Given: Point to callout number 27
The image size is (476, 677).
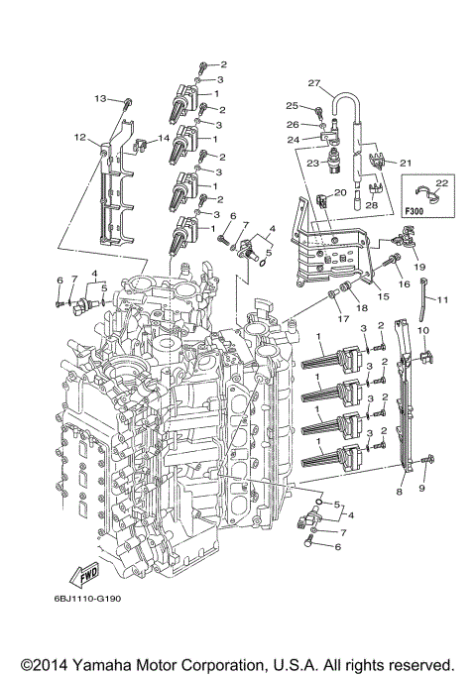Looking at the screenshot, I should point(314,82).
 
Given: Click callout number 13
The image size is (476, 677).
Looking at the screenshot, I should point(100,98).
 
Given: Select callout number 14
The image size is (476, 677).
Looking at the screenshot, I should point(165,137).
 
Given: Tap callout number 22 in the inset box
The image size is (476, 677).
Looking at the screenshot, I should point(441,182).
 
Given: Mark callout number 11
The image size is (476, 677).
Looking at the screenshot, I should point(442,298).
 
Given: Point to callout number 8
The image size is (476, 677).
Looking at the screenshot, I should point(399,491).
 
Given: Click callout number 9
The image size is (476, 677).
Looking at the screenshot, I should point(420,489).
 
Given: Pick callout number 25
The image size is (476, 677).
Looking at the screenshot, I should point(292,105).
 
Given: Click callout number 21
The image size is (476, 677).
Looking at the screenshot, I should point(405,162).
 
